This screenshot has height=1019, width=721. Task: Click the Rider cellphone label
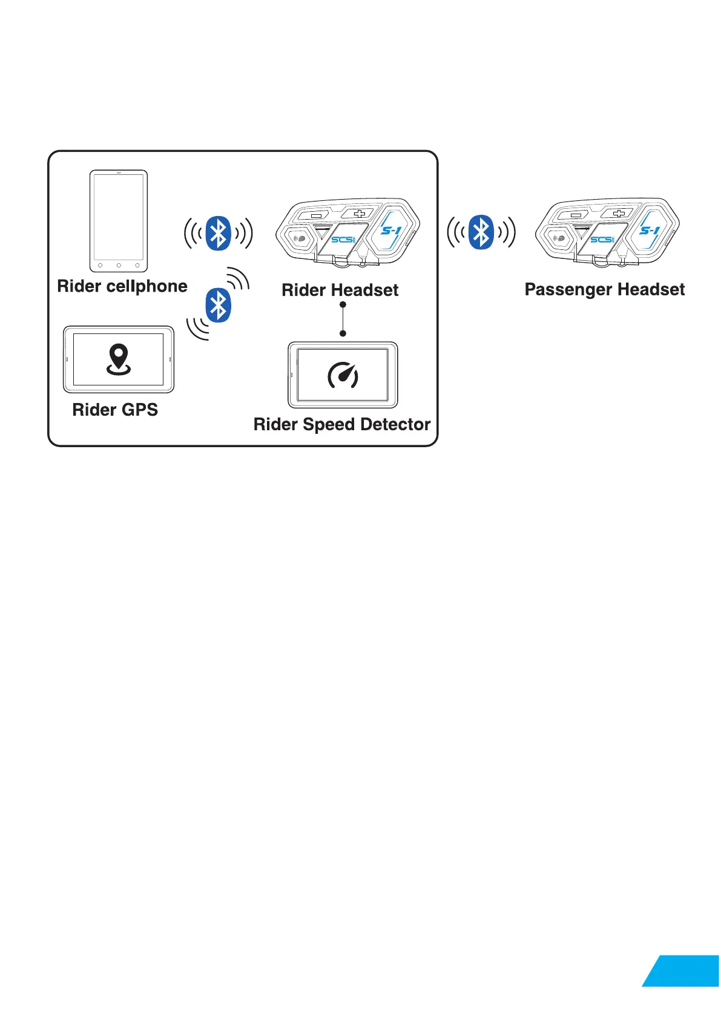tap(122, 286)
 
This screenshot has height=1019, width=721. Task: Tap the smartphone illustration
tap(119, 221)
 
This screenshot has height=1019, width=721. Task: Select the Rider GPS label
tap(115, 410)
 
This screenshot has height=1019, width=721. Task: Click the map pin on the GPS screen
tap(119, 358)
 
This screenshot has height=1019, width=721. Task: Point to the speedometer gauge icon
tap(343, 375)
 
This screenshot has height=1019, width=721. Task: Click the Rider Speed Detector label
tap(342, 424)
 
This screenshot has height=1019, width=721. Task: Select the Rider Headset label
tap(340, 290)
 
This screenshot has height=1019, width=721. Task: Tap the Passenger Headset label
tap(604, 290)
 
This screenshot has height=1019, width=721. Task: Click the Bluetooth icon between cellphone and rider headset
tap(219, 233)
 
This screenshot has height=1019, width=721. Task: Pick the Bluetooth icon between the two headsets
tap(481, 232)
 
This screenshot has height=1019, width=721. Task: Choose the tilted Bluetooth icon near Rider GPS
tap(218, 305)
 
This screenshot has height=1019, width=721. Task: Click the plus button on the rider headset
tap(360, 213)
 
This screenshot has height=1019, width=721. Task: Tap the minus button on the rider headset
tap(316, 215)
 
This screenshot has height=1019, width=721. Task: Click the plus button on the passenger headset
tap(619, 213)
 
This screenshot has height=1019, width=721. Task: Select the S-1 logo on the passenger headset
tap(650, 230)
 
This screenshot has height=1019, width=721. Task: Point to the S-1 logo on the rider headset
tap(390, 230)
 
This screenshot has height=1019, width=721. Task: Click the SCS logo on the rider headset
tap(343, 240)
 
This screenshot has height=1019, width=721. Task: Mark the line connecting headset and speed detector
tap(343, 319)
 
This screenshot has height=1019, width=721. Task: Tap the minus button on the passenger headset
tap(576, 215)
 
